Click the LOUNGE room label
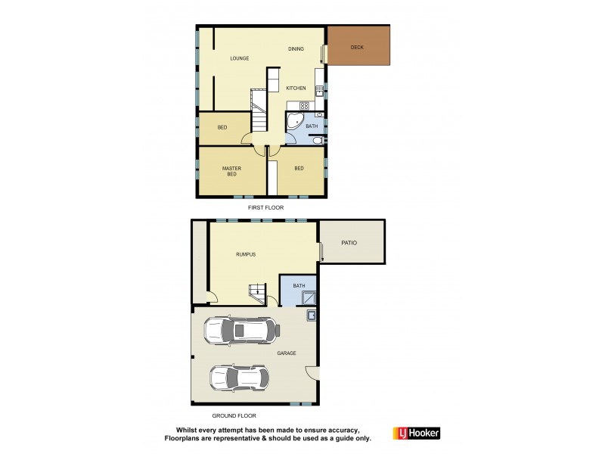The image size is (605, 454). click(240, 58)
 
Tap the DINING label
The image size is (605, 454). click(296, 49)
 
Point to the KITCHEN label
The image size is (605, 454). click(296, 89)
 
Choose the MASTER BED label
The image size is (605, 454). click(231, 171)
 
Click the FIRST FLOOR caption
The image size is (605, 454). click(265, 207)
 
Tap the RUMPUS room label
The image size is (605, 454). click(245, 254)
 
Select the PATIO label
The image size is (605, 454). click(349, 243)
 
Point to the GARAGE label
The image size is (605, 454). click(286, 353)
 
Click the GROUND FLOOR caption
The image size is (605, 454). click(234, 415)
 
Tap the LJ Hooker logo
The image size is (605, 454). click(416, 434)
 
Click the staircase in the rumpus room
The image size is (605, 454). click(258, 293)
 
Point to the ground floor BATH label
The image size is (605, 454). click(299, 285)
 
